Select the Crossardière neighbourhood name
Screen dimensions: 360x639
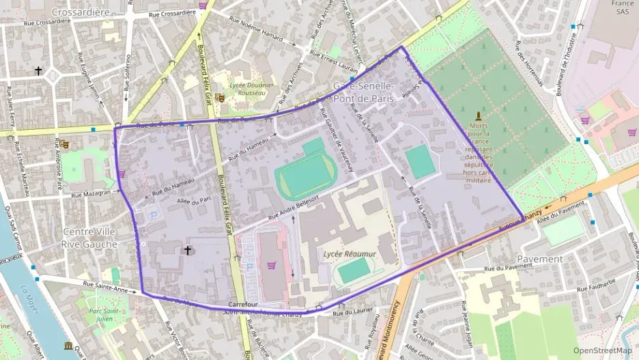(x=80, y=12)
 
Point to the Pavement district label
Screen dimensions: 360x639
(x=539, y=259)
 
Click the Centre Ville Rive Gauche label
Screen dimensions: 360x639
(x=88, y=237)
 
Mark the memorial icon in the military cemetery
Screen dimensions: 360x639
(x=478, y=116)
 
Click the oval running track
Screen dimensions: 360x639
(x=306, y=174)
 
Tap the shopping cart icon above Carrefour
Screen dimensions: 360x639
(x=271, y=265)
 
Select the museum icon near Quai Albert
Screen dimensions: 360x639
(x=68, y=346)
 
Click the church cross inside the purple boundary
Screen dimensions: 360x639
(x=187, y=251)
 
